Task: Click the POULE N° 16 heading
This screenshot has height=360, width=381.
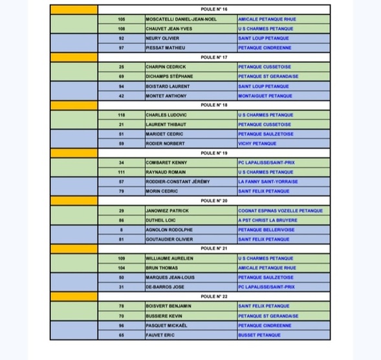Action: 213,10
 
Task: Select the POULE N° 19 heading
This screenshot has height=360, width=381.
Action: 213,153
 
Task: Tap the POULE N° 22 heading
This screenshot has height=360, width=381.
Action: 213,297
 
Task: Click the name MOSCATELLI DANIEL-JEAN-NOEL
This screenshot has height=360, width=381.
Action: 181,19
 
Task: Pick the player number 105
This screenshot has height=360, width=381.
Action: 122,19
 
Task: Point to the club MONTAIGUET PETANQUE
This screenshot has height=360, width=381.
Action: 267,96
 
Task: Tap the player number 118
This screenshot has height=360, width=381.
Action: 122,115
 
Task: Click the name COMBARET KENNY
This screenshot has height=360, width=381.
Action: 168,163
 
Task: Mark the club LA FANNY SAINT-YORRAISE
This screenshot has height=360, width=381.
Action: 268,181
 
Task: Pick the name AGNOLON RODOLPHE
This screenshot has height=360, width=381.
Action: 169,229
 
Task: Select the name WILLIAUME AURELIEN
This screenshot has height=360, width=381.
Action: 169,258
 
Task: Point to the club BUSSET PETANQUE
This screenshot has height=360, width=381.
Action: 259,335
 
